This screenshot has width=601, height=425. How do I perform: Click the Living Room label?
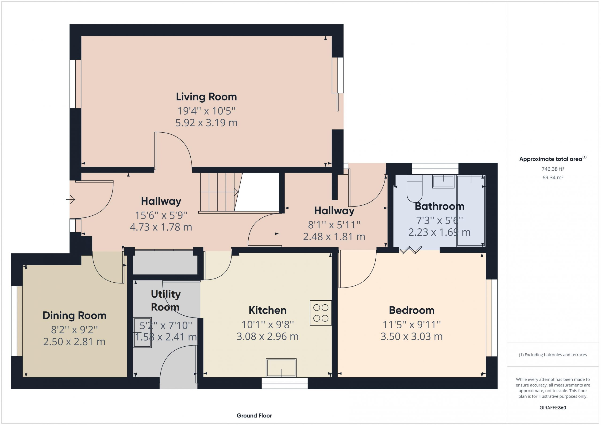[206, 97]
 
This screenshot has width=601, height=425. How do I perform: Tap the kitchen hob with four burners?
[321, 313]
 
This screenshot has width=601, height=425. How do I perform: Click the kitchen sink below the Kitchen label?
[281, 368]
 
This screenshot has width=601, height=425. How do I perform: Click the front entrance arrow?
[70, 199]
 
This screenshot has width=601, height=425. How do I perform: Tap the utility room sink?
[143, 332]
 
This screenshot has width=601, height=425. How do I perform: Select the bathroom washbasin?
[443, 182]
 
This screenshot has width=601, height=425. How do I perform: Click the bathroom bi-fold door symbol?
[411, 250]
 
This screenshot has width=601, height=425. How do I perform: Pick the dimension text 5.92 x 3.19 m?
[206, 123]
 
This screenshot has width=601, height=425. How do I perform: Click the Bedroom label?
[412, 310]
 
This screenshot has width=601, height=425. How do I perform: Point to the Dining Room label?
[74, 316]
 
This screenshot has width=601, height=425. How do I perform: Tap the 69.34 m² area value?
[553, 177]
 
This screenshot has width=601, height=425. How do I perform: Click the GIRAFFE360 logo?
[553, 407]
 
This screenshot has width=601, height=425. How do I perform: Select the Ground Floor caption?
[254, 415]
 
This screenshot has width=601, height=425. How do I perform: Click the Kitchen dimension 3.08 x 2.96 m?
[268, 336]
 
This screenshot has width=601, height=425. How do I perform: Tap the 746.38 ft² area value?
[553, 169]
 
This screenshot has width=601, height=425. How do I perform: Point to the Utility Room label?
[166, 300]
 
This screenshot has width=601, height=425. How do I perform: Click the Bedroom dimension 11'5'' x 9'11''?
[412, 325]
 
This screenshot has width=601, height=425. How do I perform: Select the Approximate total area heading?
[553, 159]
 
